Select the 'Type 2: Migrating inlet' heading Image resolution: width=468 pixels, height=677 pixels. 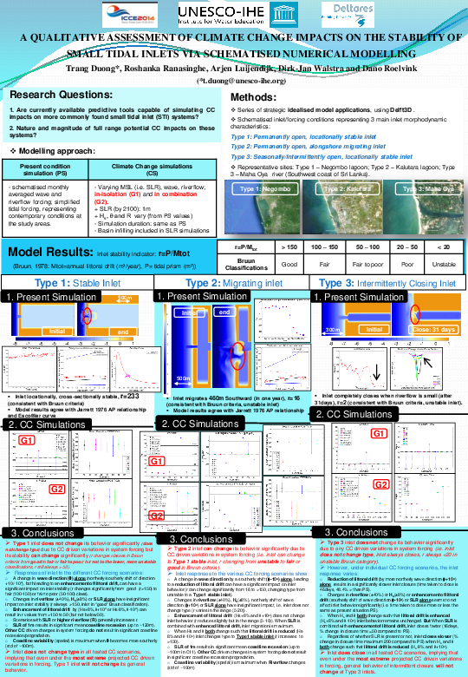click(235, 283)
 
